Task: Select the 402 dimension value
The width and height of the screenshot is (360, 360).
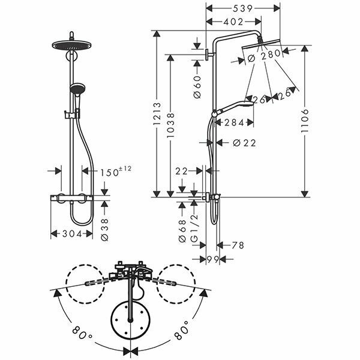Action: pos(233,22)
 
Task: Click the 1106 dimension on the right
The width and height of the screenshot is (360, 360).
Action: pos(306,119)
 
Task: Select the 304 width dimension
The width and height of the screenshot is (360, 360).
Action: pos(71,234)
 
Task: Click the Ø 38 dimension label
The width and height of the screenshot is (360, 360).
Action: pos(106,229)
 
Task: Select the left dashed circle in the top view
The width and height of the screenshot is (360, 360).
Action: pos(85,286)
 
